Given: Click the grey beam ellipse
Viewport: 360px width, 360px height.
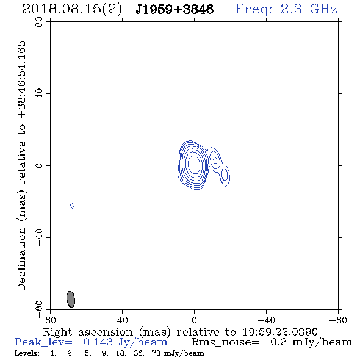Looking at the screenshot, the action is pyautogui.click(x=71, y=299).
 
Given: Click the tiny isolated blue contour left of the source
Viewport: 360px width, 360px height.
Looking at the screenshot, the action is pyautogui.click(x=72, y=206).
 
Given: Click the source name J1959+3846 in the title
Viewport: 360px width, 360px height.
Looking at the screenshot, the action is pyautogui.click(x=175, y=10).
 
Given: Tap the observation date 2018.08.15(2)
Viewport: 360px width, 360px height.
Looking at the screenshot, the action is pyautogui.click(x=72, y=10).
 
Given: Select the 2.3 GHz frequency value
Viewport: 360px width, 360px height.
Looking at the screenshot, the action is pyautogui.click(x=309, y=9).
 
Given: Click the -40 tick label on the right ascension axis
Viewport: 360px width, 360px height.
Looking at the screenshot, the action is pyautogui.click(x=266, y=320).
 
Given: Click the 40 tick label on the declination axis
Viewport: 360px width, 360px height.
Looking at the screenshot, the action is pyautogui.click(x=39, y=94).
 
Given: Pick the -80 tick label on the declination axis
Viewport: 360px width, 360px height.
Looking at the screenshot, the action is pyautogui.click(x=39, y=309).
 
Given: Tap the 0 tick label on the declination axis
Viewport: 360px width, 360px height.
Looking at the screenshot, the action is pyautogui.click(x=39, y=165).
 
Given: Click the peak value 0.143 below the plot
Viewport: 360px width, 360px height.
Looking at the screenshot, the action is pyautogui.click(x=98, y=342).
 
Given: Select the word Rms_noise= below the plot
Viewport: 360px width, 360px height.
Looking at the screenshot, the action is pyautogui.click(x=225, y=342).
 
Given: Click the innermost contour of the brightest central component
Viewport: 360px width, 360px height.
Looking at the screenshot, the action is pyautogui.click(x=194, y=164).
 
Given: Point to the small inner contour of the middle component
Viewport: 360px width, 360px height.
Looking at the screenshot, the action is pyautogui.click(x=215, y=160).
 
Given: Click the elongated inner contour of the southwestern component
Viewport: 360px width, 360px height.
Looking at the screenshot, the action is pyautogui.click(x=225, y=174).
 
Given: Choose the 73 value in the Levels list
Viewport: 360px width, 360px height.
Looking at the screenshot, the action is pyautogui.click(x=156, y=353).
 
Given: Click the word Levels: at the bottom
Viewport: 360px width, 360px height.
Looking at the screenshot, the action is pyautogui.click(x=27, y=353).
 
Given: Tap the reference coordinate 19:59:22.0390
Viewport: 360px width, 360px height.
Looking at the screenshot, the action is pyautogui.click(x=280, y=332).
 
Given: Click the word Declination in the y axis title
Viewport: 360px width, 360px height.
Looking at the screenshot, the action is pyautogui.click(x=21, y=259).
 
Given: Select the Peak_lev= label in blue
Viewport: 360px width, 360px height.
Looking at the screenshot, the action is pyautogui.click(x=43, y=342).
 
